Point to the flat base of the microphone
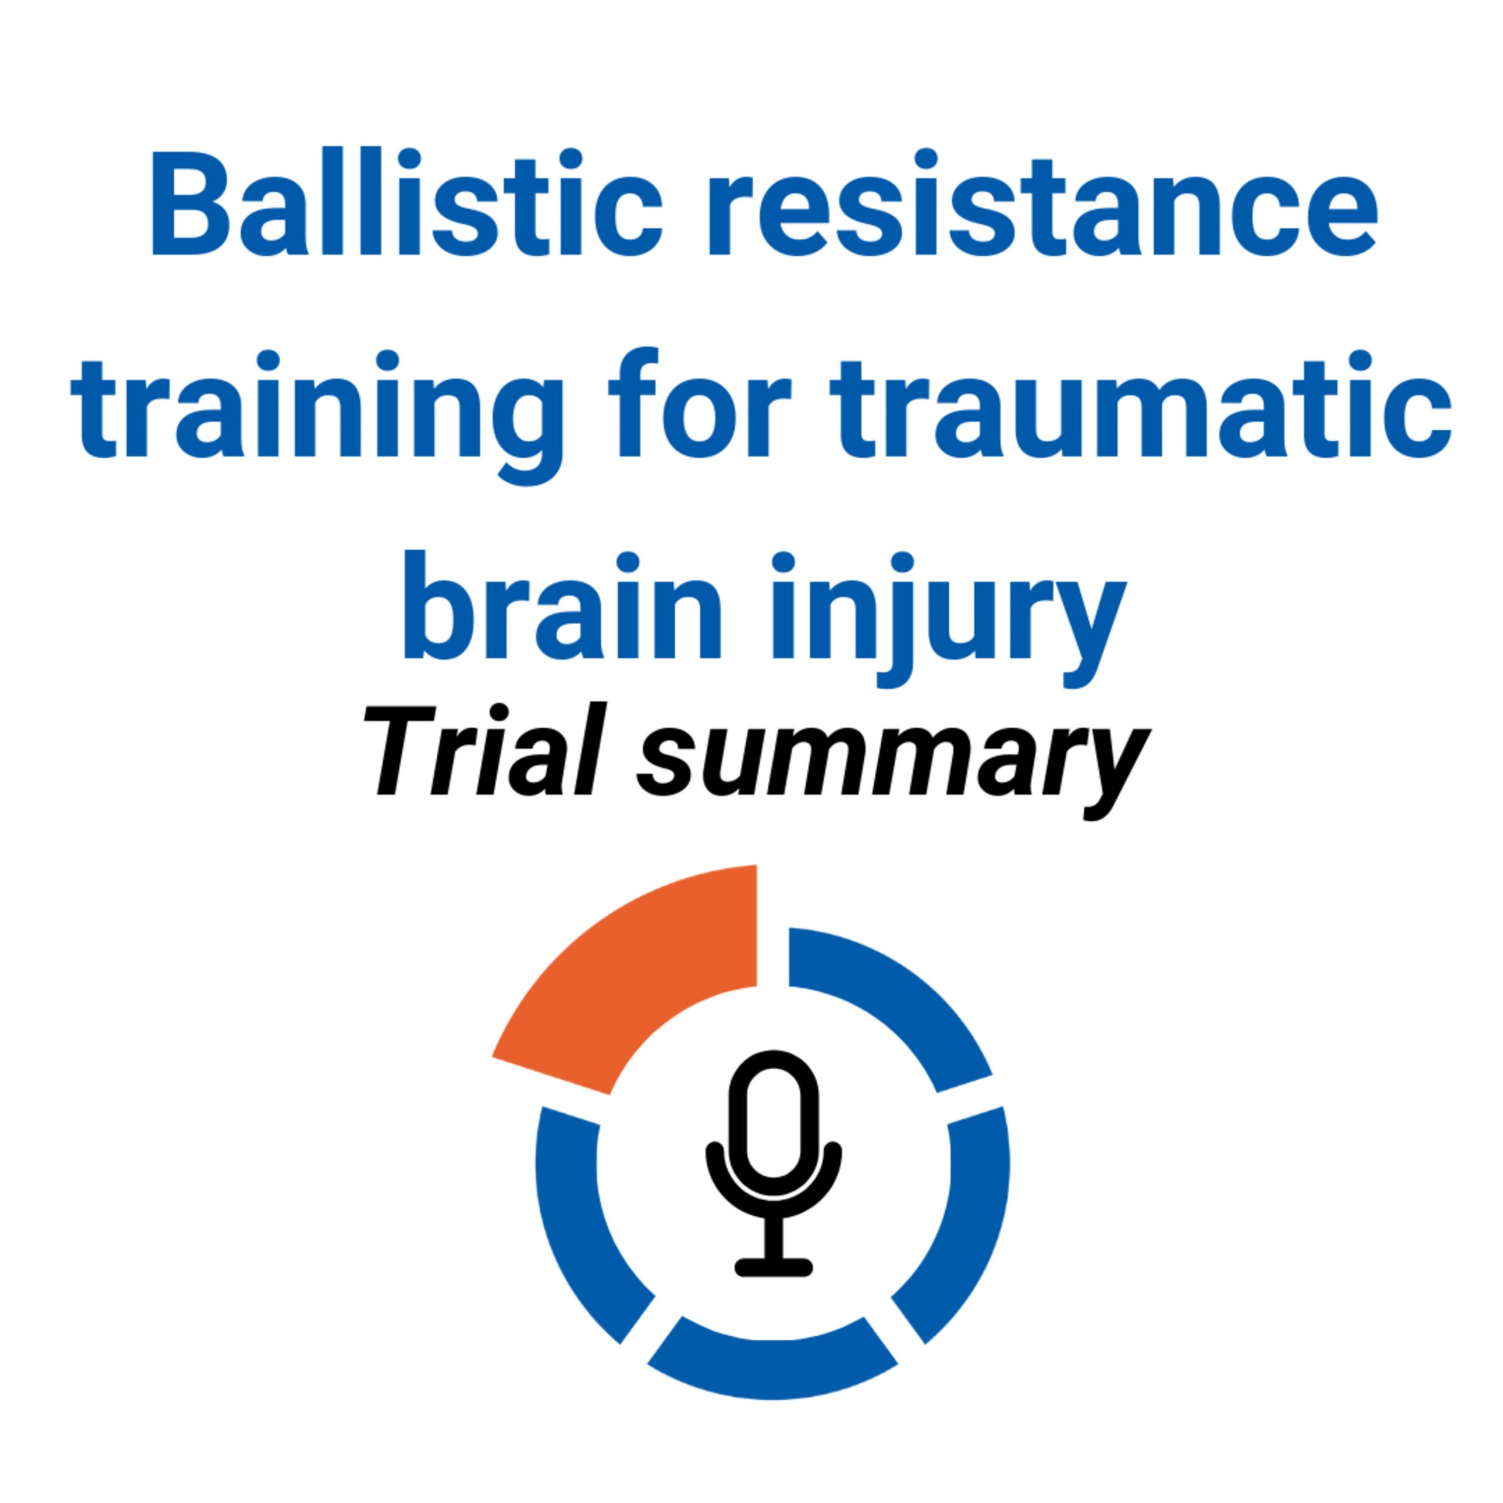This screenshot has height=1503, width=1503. click(x=773, y=1268)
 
